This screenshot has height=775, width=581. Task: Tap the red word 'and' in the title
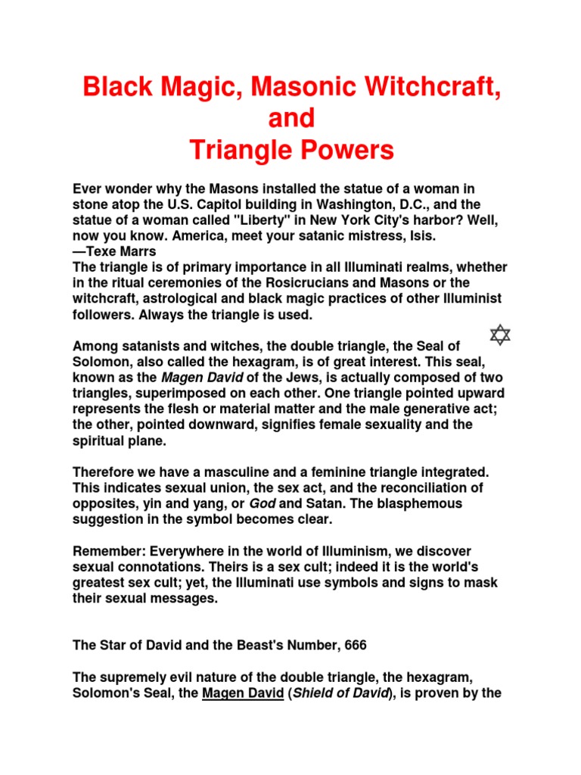291,119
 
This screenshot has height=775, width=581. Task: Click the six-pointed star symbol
500,334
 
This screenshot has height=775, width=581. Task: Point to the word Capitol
244,206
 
